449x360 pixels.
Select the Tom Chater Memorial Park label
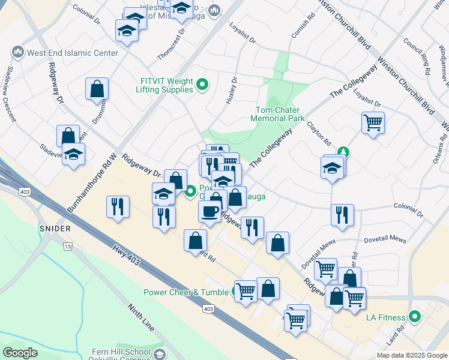280,114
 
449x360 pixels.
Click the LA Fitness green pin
414,316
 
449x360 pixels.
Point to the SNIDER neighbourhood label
56,229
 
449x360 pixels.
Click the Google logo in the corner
20,353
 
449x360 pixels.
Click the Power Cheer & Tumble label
187,293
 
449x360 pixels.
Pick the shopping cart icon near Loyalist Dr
373,123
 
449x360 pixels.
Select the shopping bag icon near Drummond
97,89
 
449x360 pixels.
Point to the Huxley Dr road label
231,91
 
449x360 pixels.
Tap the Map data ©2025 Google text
411,355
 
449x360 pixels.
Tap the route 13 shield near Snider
68,247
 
